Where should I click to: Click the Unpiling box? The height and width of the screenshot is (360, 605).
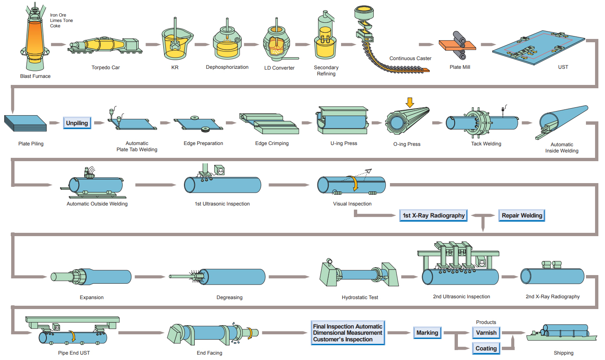[x=77, y=123]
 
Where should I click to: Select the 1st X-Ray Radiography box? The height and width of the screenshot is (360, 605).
[x=433, y=215]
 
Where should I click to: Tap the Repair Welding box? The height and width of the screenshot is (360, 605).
[x=522, y=215]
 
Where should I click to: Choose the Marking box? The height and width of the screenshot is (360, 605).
[x=427, y=333]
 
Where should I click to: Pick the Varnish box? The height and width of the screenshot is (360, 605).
[x=486, y=333]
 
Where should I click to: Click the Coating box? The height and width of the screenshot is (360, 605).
[x=486, y=348]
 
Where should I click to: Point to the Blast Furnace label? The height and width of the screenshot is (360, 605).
[x=35, y=76]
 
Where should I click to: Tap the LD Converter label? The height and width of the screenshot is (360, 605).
[x=279, y=68]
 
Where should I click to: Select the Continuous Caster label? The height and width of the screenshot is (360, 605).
[x=410, y=58]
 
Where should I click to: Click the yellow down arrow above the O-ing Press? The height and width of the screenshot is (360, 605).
[x=410, y=102]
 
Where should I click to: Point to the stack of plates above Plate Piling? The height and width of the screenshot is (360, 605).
[x=25, y=123]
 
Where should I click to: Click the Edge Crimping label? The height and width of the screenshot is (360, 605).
[x=272, y=143]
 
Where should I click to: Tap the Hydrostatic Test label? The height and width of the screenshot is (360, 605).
[x=360, y=297]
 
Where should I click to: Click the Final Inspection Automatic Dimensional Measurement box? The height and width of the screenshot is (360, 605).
[x=348, y=333]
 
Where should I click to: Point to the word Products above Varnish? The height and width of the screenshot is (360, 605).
[x=486, y=322]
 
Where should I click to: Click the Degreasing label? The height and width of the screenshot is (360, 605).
[x=229, y=297]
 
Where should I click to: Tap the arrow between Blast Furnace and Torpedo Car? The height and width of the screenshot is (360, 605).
[x=58, y=44]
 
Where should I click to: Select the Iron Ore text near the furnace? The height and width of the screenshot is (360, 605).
[x=58, y=15]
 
